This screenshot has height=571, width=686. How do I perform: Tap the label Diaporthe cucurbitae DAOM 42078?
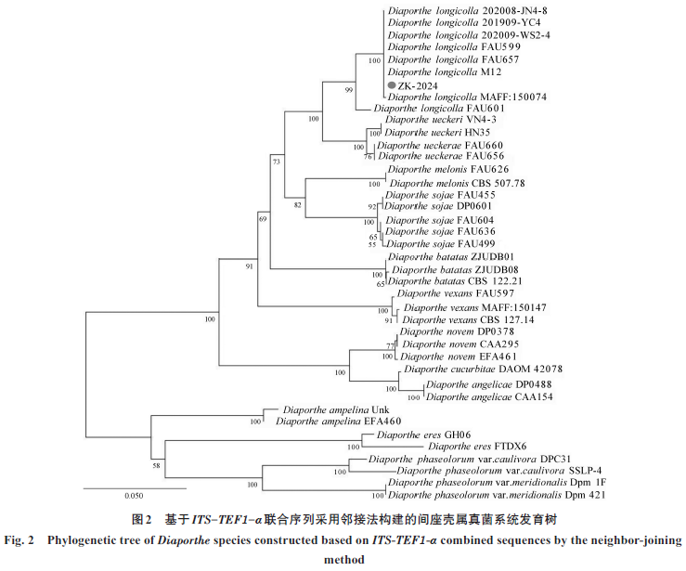pos(473,370)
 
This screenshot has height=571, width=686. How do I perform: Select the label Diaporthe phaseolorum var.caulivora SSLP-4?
pos(473,471)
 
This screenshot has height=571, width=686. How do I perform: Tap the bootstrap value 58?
pos(157,464)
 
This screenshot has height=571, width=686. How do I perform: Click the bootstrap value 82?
pos(299,202)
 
